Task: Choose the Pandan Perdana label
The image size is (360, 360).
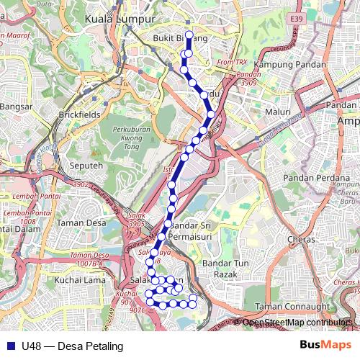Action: pyautogui.click(x=316, y=177)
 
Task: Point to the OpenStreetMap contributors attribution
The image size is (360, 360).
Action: pyautogui.click(x=298, y=323)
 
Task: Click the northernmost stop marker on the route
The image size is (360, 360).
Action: pyautogui.click(x=189, y=35)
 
